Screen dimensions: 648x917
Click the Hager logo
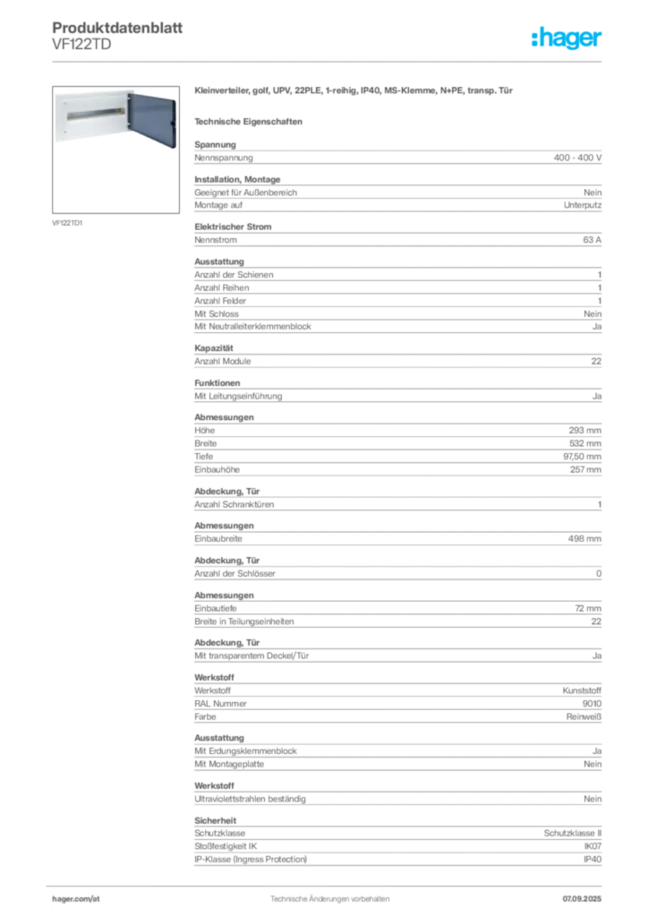click(567, 38)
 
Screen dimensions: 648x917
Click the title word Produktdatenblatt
click(117, 28)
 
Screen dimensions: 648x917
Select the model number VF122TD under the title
click(81, 45)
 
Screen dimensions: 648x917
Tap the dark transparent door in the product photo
click(152, 120)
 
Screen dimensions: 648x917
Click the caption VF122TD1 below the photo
click(67, 223)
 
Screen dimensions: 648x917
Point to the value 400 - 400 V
click(577, 158)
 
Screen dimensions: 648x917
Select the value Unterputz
click(583, 205)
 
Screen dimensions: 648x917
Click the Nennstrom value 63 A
click(592, 240)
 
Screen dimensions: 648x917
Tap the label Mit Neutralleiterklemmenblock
click(252, 326)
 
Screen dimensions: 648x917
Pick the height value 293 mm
click(584, 431)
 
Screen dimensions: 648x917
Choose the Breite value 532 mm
click(584, 443)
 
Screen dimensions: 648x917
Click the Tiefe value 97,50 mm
click(582, 456)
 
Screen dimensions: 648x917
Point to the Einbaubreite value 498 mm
click(584, 538)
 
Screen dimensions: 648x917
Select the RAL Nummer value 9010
click(592, 704)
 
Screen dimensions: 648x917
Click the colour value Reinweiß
click(584, 716)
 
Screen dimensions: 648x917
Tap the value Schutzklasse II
click(573, 833)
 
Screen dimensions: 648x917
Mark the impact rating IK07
click(593, 846)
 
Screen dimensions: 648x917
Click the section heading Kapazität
click(214, 348)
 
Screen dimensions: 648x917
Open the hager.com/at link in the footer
click(76, 899)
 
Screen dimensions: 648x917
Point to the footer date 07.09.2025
click(582, 899)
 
